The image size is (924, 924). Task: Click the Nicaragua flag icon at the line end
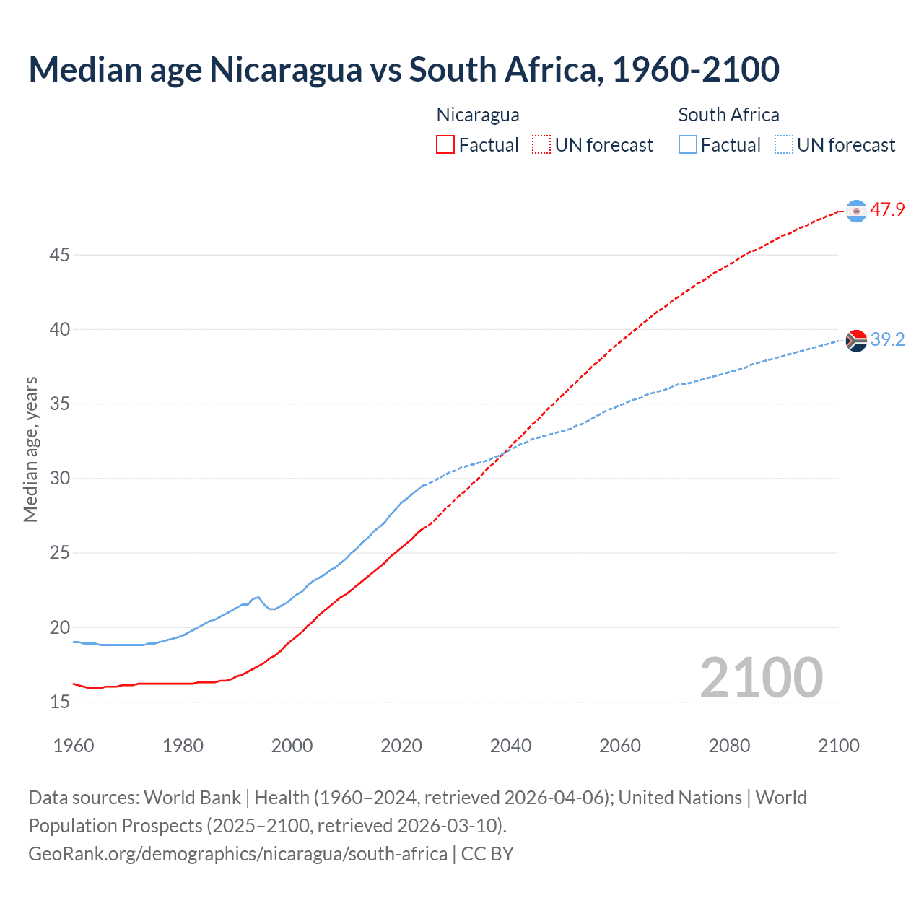pyautogui.click(x=856, y=211)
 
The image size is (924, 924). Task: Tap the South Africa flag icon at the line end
pyautogui.click(x=856, y=340)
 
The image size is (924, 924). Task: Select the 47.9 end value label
pyautogui.click(x=887, y=210)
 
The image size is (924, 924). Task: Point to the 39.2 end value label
pyautogui.click(x=887, y=339)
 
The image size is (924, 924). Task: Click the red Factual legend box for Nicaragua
pyautogui.click(x=445, y=145)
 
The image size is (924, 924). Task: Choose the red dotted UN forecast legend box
pyautogui.click(x=541, y=145)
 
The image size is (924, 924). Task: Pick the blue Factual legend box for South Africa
pyautogui.click(x=688, y=145)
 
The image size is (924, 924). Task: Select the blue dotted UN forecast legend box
pyautogui.click(x=783, y=145)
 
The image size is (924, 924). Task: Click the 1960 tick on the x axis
pyautogui.click(x=74, y=746)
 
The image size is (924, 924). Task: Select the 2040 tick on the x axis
pyautogui.click(x=510, y=746)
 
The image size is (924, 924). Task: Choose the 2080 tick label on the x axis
pyautogui.click(x=729, y=746)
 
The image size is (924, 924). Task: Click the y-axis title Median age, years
pyautogui.click(x=30, y=449)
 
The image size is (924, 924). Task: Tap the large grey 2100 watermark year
pyautogui.click(x=761, y=678)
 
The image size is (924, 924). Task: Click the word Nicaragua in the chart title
pyautogui.click(x=285, y=69)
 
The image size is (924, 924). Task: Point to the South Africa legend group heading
pyautogui.click(x=728, y=115)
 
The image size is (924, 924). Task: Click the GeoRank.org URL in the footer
pyautogui.click(x=237, y=854)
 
